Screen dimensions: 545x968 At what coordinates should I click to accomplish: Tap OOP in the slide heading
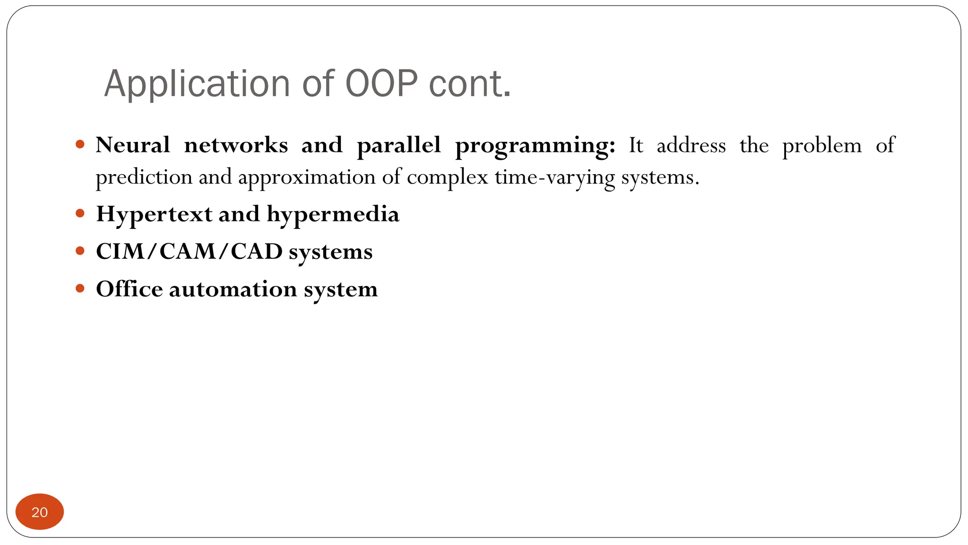pyautogui.click(x=381, y=84)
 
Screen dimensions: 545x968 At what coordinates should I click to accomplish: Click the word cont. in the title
pyautogui.click(x=470, y=84)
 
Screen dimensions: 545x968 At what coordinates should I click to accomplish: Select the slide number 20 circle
pyautogui.click(x=40, y=511)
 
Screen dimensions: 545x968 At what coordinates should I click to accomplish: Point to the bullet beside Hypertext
pyautogui.click(x=80, y=213)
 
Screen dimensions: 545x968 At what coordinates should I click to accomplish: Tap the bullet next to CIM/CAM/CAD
pyautogui.click(x=80, y=251)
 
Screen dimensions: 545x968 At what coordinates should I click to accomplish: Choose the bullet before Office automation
pyautogui.click(x=80, y=288)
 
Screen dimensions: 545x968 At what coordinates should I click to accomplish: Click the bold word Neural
pyautogui.click(x=133, y=145)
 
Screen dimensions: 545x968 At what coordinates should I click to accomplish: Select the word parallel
pyautogui.click(x=398, y=145)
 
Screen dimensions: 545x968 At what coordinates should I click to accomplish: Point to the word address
pyautogui.click(x=691, y=145)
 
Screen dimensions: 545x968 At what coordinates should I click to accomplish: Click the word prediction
pyautogui.click(x=144, y=177)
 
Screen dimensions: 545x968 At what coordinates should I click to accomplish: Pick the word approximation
pyautogui.click(x=307, y=177)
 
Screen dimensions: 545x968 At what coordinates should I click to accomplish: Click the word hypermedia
pyautogui.click(x=333, y=214)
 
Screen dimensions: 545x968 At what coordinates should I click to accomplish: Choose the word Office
pyautogui.click(x=129, y=289)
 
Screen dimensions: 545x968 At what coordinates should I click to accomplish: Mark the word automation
pyautogui.click(x=233, y=289)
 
